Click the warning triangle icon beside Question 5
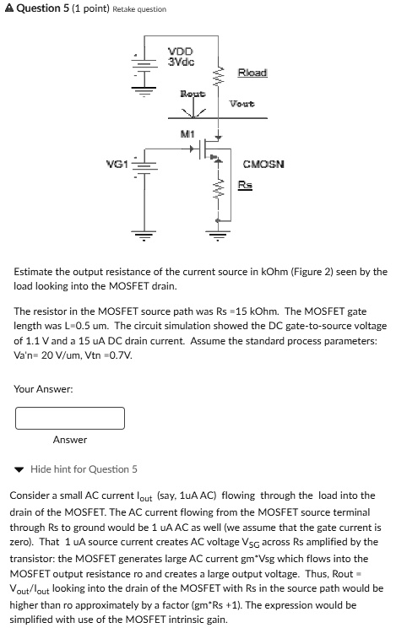click(x=8, y=8)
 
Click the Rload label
click(x=252, y=73)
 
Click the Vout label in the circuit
click(x=241, y=104)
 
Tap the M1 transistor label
click(x=187, y=134)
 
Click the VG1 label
click(x=117, y=163)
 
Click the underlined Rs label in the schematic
click(x=244, y=185)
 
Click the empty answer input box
click(x=70, y=418)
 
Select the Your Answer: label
click(x=44, y=388)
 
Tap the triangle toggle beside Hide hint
click(x=19, y=469)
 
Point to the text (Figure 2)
click(x=310, y=272)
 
